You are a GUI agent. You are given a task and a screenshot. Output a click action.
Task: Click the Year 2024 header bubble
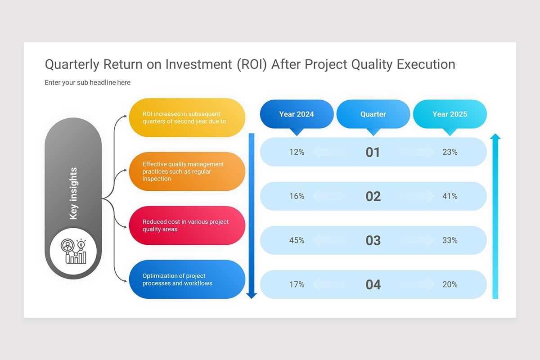[297, 114]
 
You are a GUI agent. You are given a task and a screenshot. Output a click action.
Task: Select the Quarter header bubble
[373, 114]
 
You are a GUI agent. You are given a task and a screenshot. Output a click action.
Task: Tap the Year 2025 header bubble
[450, 114]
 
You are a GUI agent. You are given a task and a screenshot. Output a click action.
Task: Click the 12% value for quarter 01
[297, 152]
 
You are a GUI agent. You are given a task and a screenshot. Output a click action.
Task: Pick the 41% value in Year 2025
[450, 196]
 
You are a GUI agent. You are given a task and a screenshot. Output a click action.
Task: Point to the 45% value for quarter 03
[297, 240]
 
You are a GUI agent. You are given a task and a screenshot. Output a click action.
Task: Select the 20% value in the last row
[450, 284]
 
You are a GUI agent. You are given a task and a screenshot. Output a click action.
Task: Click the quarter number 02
[373, 196]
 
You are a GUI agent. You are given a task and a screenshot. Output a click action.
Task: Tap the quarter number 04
[373, 284]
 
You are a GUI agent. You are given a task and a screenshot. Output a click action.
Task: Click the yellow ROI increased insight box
[187, 117]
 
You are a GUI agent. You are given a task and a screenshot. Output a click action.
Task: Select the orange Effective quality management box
[187, 171]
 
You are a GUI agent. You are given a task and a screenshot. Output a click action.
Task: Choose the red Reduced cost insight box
[187, 225]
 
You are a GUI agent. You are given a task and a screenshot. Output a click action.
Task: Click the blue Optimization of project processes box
[187, 279]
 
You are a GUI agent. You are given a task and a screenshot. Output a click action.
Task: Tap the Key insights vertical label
[73, 193]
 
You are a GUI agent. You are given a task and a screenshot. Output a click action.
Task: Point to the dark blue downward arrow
[252, 216]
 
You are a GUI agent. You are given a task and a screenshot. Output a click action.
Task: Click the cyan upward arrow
[495, 216]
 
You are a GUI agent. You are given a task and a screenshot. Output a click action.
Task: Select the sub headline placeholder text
[87, 82]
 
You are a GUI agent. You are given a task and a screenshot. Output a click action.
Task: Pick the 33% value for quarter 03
[450, 240]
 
